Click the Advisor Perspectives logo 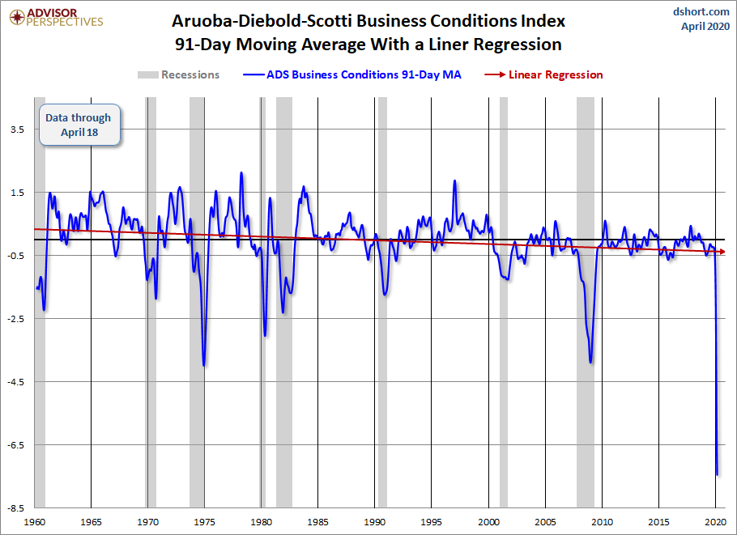click(x=56, y=18)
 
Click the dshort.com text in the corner click(x=701, y=11)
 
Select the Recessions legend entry click(x=179, y=74)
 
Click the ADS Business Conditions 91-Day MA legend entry click(x=352, y=74)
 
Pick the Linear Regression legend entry click(x=543, y=74)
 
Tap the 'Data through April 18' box click(x=79, y=125)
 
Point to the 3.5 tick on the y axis click(x=17, y=130)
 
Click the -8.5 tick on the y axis click(x=16, y=509)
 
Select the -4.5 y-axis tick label click(x=16, y=382)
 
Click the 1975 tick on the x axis click(x=204, y=522)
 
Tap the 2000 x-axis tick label click(x=489, y=522)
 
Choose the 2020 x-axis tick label click(x=715, y=522)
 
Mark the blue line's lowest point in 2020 click(x=718, y=474)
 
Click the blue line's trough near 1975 click(x=204, y=365)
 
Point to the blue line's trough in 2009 click(x=590, y=362)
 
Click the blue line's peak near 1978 click(x=241, y=173)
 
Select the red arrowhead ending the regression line click(x=722, y=252)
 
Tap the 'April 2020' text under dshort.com click(x=705, y=26)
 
